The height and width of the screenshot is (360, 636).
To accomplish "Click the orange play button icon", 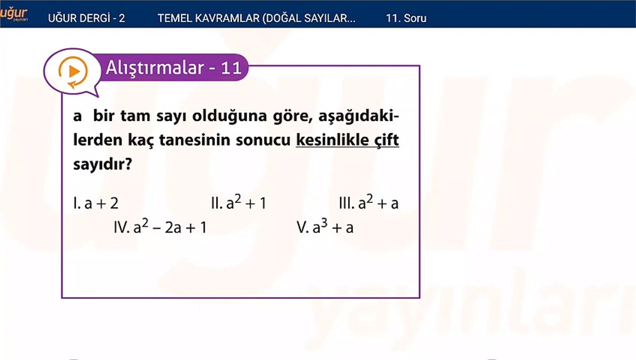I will (x=73, y=71).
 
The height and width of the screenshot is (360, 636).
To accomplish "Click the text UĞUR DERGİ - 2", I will (x=86, y=18).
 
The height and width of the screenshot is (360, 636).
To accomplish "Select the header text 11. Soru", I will (x=406, y=18).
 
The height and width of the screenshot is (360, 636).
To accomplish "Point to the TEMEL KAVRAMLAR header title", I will (x=256, y=18).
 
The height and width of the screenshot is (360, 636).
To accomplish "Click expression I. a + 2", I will (x=96, y=203).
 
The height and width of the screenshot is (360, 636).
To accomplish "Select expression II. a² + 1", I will (x=238, y=203).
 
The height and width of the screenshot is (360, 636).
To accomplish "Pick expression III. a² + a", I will (x=368, y=203).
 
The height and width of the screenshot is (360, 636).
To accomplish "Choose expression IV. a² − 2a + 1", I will (x=160, y=227).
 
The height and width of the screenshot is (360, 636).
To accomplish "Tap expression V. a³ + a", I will (x=325, y=227).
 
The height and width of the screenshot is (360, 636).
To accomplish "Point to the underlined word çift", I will (x=386, y=140).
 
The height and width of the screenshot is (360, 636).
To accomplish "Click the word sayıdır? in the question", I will (x=102, y=164).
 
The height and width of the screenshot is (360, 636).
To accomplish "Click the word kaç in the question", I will (x=140, y=140).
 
